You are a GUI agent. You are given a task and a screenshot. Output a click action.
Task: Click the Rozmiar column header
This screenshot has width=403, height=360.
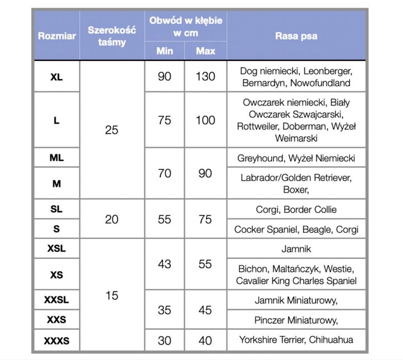pyautogui.click(x=57, y=36)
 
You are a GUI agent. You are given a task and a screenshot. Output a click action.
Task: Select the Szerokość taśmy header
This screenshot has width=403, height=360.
pyautogui.click(x=112, y=36)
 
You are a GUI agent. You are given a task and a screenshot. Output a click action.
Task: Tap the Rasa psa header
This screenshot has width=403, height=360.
pyautogui.click(x=296, y=36)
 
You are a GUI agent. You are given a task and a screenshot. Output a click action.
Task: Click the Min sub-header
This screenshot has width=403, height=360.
pyautogui.click(x=164, y=51)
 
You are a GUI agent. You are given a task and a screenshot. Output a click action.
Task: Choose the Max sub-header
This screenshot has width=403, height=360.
pyautogui.click(x=205, y=51)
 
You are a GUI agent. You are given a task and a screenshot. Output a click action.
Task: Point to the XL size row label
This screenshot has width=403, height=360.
pyautogui.click(x=57, y=77)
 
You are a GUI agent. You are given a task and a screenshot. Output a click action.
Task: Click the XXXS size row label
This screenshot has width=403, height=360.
pyautogui.click(x=57, y=340)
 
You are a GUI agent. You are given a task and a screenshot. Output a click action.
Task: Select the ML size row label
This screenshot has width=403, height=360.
pyautogui.click(x=57, y=158)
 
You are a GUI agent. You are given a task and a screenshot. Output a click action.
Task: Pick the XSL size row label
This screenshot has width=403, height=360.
pyautogui.click(x=57, y=249)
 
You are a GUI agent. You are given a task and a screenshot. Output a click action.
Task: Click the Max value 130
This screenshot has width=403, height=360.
pyautogui.click(x=205, y=77)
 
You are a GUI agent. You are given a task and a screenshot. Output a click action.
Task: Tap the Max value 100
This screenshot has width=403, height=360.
pyautogui.click(x=205, y=121)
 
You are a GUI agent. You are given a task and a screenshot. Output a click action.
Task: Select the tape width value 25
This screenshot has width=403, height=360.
pyautogui.click(x=112, y=130)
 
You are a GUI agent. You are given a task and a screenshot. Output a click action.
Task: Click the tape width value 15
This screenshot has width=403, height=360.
pyautogui.click(x=112, y=296)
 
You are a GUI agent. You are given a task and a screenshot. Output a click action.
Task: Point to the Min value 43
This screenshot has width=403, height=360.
pyautogui.click(x=164, y=264)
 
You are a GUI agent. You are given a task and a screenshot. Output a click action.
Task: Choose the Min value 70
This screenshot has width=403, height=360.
pyautogui.click(x=164, y=174)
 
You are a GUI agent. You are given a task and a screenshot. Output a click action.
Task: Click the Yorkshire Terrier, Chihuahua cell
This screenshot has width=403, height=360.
pyautogui.click(x=296, y=340)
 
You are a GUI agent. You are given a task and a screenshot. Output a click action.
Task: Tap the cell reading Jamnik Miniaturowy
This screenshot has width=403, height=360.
pyautogui.click(x=296, y=300)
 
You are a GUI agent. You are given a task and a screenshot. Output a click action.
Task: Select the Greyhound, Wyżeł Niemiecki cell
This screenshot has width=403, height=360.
pyautogui.click(x=296, y=158)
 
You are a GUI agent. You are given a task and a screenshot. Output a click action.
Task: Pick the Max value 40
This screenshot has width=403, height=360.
pyautogui.click(x=205, y=340)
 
